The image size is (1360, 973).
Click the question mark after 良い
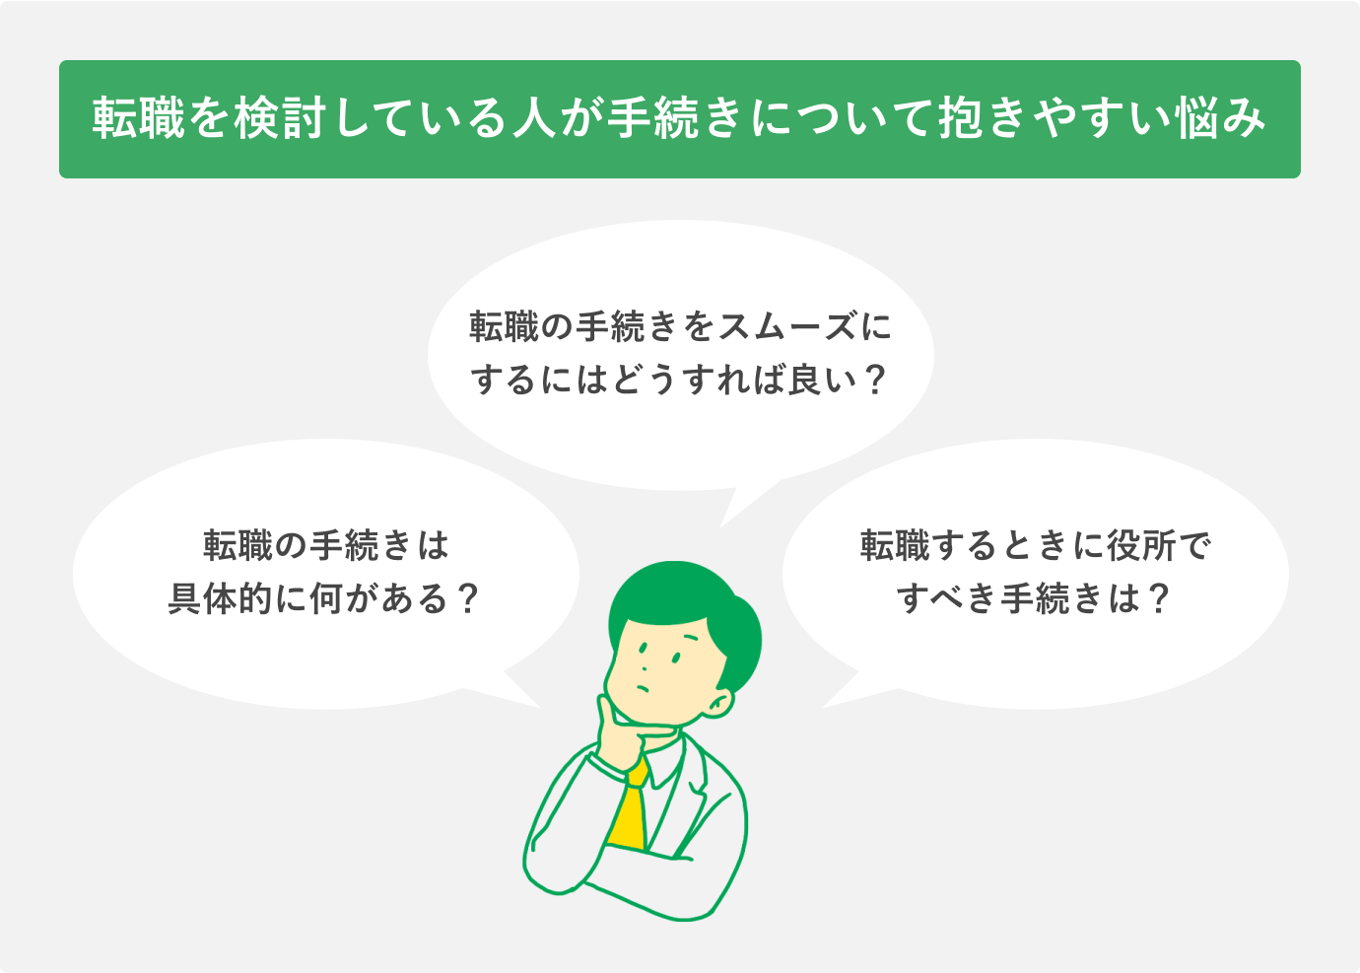[874, 380]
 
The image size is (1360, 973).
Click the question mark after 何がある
[466, 598]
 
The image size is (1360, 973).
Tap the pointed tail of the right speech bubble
[840, 694]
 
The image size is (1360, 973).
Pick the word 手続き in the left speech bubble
[361, 545]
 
